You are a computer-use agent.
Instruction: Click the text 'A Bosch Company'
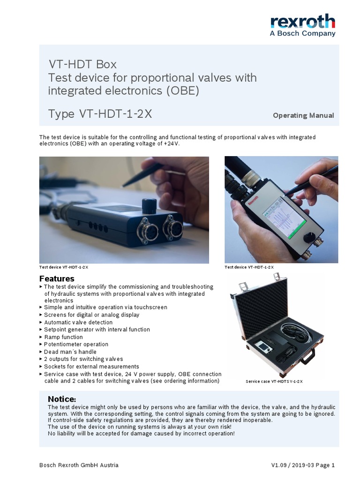pos(303,33)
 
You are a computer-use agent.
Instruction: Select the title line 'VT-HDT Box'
pos(82,64)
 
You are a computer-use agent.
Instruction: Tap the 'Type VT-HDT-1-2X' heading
pos(100,114)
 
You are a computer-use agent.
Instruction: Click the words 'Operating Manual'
pos(303,115)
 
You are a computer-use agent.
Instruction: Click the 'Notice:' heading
pos(62,399)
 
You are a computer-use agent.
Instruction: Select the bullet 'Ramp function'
pos(63,337)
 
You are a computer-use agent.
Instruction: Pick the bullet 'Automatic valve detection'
pos(78,322)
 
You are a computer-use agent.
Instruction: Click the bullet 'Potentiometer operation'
pos(76,344)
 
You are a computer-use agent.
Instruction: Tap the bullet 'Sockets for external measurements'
pos(91,366)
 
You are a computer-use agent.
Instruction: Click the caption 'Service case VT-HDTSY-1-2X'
pos(274,382)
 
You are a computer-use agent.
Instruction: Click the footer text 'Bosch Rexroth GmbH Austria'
pos(79,465)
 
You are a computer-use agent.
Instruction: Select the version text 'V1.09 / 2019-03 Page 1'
pos(302,465)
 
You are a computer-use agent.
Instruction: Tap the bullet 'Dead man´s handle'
pos(70,352)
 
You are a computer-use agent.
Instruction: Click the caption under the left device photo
pos(64,267)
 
